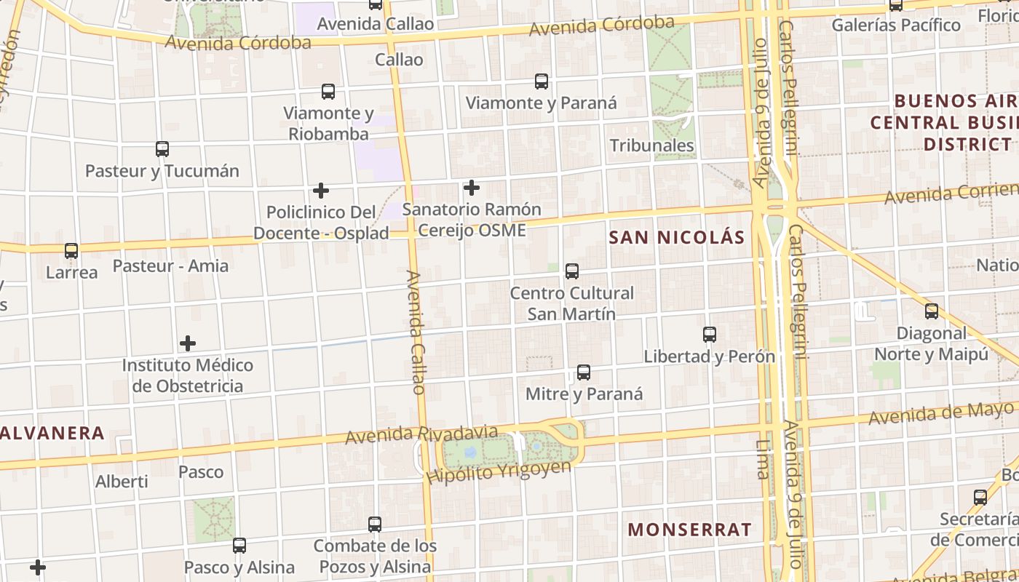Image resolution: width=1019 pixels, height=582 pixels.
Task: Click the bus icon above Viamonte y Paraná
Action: point(542,81)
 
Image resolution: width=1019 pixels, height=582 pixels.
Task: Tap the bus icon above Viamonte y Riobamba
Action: point(328,92)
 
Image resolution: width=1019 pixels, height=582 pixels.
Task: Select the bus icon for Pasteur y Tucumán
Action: point(162,149)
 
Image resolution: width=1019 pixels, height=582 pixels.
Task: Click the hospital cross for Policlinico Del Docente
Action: point(321,191)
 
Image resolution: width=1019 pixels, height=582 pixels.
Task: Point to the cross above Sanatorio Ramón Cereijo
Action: point(472,188)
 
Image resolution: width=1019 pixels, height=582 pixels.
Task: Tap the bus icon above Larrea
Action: point(71,251)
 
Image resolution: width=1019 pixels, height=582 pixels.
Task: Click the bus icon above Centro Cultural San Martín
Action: point(572,271)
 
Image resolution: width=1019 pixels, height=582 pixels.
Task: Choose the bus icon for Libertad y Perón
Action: point(710,335)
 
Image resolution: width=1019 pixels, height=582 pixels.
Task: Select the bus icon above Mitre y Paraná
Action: point(584,372)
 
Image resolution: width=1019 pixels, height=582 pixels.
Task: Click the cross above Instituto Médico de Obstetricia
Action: point(188,343)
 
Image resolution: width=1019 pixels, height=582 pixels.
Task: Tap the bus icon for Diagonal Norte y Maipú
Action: point(932,311)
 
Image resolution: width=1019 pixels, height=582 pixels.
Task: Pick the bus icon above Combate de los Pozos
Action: point(375,524)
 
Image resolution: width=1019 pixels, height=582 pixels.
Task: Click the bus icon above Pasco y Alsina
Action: point(239,545)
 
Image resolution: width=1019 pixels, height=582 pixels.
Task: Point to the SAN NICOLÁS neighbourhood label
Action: point(677,238)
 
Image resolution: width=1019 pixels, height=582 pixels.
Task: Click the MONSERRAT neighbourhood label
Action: point(689,530)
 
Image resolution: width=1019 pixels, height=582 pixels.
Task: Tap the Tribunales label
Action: point(652,145)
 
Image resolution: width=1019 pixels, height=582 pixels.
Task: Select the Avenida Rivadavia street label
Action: point(421,434)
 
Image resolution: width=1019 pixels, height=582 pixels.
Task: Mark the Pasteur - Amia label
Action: point(170,266)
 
